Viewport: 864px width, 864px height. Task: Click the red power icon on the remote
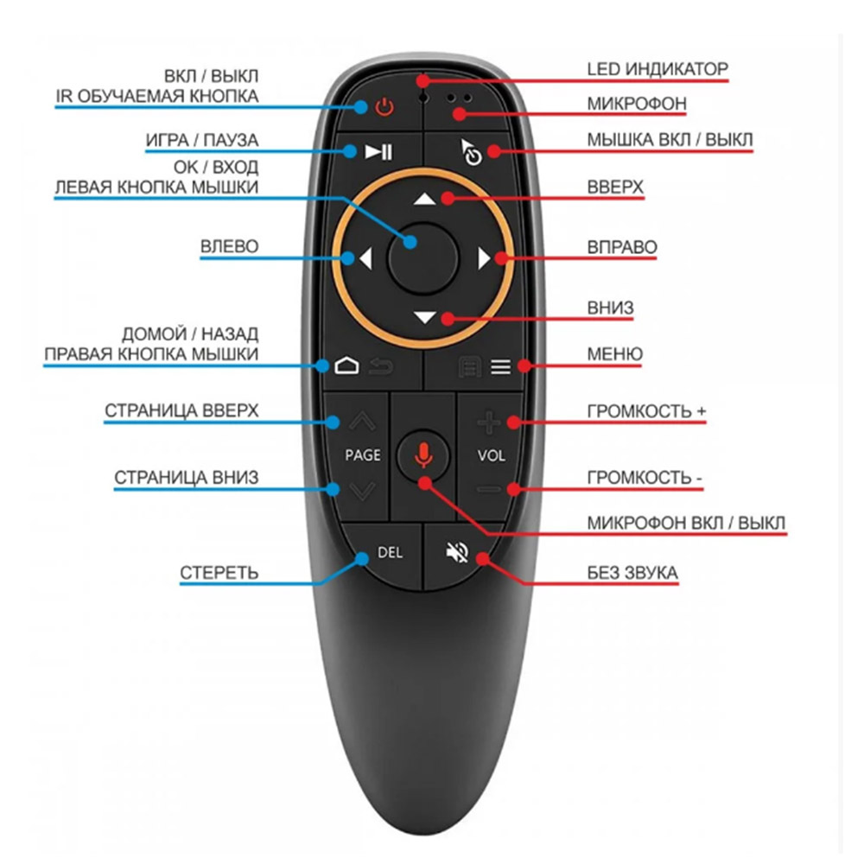point(384,106)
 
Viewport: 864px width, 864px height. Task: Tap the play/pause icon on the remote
point(378,151)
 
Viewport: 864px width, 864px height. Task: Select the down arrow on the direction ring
point(425,317)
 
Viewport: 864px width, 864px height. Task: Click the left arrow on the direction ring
point(365,257)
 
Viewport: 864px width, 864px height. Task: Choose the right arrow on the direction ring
point(484,257)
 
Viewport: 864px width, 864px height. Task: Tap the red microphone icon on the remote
point(423,455)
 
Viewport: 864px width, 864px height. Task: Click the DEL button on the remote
point(390,552)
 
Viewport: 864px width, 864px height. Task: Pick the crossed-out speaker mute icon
point(457,552)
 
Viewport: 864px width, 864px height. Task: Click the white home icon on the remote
point(346,365)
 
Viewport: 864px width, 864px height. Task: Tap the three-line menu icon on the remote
point(501,366)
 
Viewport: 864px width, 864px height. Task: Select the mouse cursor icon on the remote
point(471,152)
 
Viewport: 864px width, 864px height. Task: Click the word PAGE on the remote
point(363,455)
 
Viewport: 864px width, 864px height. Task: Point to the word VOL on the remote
point(491,455)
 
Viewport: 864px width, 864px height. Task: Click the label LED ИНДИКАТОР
point(658,69)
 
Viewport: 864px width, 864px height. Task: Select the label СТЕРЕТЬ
point(219,573)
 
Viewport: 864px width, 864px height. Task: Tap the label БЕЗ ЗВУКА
point(632,573)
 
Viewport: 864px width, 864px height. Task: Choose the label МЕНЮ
point(614,353)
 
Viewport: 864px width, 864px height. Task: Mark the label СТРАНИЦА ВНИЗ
point(187,477)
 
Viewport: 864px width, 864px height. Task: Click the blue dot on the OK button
point(410,241)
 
